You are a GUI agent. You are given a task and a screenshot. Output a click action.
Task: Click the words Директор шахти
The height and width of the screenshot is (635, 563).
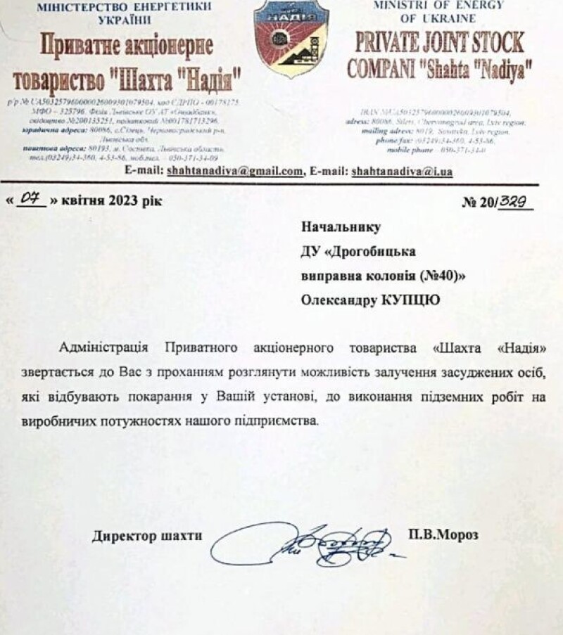point(146,536)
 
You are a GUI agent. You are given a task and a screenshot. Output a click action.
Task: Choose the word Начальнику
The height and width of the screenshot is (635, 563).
point(341,226)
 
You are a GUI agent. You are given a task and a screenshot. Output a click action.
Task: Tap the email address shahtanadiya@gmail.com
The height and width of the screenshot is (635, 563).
point(234,171)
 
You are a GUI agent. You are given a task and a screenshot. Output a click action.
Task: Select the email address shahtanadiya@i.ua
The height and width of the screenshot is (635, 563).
point(402,171)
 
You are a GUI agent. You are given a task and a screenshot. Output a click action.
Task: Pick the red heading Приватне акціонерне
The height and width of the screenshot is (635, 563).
point(127,46)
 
